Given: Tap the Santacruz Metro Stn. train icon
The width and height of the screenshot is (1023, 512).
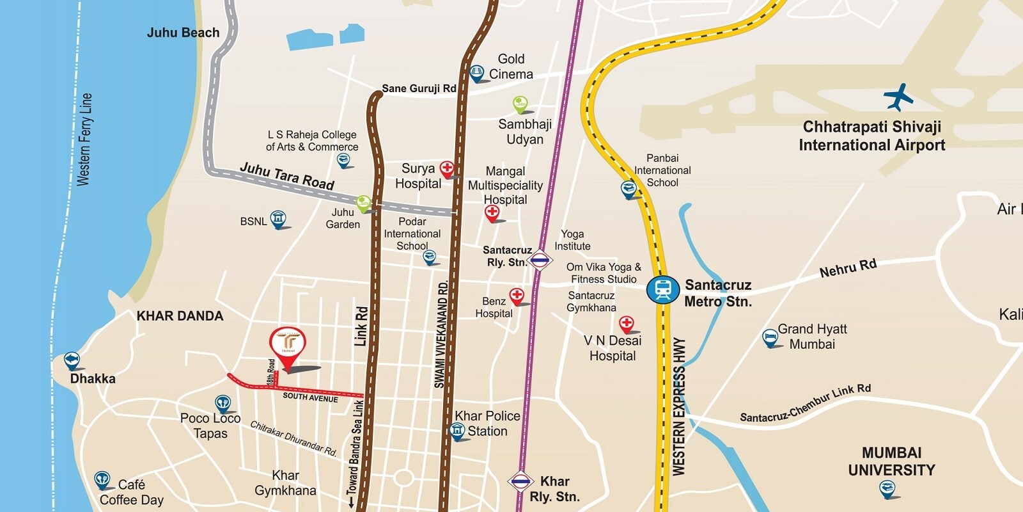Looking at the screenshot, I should point(662,290).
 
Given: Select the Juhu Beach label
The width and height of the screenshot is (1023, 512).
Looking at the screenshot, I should point(183,33).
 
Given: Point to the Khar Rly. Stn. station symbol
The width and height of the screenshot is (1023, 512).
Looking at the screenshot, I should point(520,481).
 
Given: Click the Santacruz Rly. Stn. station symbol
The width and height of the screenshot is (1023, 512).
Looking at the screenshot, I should point(540,260).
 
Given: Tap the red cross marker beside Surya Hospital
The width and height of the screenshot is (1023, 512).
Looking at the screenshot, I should point(447,168).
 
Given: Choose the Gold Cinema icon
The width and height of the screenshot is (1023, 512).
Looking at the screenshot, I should point(476,73).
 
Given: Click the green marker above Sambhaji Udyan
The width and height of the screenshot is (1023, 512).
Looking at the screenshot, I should point(520,104).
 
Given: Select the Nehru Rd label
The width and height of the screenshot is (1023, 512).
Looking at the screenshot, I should point(848,268).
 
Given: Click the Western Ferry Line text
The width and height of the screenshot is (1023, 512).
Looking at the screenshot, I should point(84,140).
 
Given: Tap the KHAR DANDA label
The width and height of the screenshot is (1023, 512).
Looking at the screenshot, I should point(180,316).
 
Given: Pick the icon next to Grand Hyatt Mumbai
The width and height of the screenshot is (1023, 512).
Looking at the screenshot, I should point(770,337).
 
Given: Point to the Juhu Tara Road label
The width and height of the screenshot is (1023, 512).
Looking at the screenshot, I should point(287,176).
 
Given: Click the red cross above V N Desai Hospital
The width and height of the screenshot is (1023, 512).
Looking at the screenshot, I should point(627,323).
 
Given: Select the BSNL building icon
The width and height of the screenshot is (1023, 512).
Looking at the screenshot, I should point(278,218).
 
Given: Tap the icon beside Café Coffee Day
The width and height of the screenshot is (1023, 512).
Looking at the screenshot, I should point(102,479).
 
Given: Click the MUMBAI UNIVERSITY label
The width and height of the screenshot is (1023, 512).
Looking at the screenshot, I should point(891,461).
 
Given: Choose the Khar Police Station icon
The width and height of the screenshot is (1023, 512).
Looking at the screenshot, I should point(457,431).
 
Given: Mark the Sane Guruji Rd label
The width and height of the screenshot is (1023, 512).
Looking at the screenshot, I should point(419,88).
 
